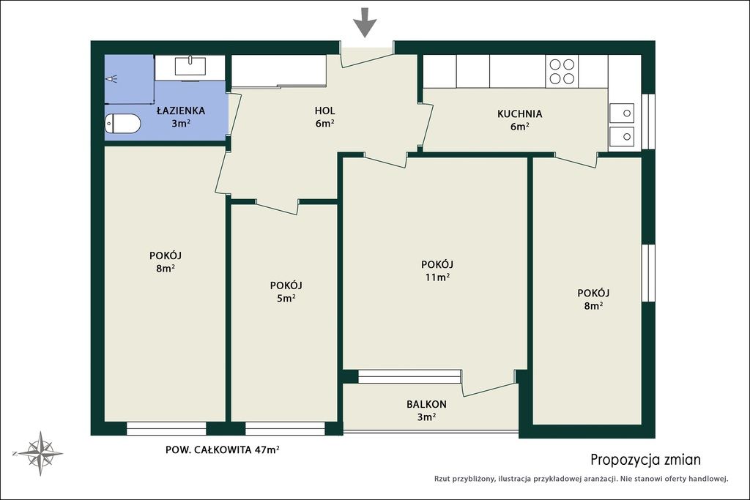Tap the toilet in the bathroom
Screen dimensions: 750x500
[x=122, y=123]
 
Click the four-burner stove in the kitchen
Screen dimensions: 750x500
[x=562, y=71]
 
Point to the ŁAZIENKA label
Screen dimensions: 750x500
[x=181, y=111]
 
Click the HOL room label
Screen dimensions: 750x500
[x=324, y=111]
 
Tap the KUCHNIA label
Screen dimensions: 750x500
[x=519, y=113]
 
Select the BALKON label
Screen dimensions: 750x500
[x=427, y=404]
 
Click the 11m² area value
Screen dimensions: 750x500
[x=437, y=277]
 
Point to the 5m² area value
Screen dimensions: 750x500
[x=286, y=298]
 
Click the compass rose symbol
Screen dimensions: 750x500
[x=40, y=453]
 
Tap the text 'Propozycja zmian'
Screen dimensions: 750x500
[x=646, y=460]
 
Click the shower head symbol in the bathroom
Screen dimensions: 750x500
[x=111, y=78]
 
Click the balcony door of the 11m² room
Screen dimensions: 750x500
[x=489, y=382]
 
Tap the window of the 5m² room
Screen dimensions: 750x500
[x=285, y=428]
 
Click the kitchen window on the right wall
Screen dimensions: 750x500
[x=648, y=122]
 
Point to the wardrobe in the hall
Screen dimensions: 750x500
[x=279, y=71]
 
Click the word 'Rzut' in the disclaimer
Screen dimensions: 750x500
[x=442, y=479]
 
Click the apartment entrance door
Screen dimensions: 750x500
[x=368, y=56]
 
